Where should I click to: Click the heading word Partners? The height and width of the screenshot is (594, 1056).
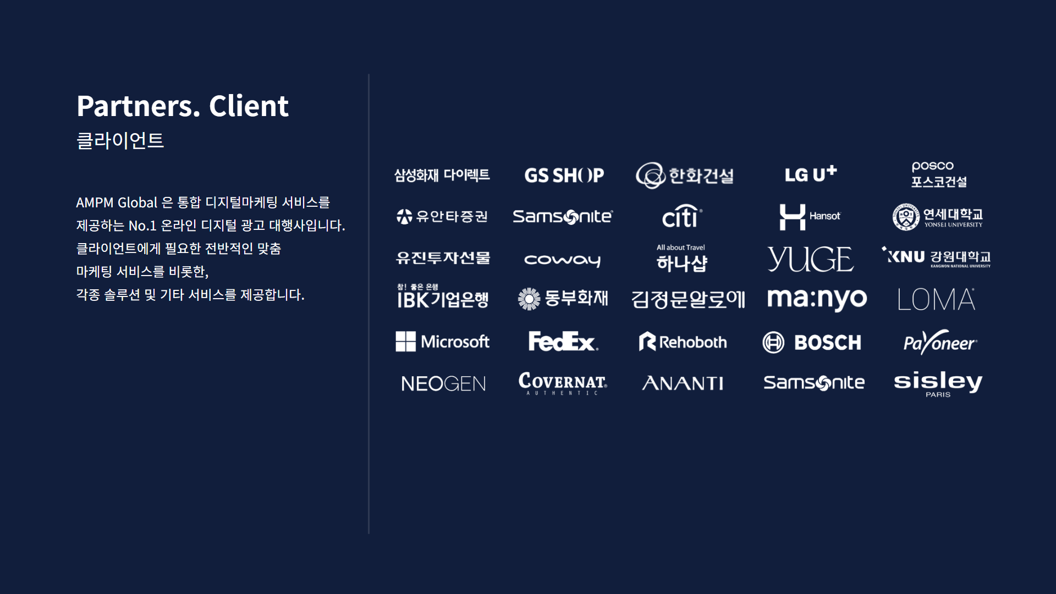point(138,106)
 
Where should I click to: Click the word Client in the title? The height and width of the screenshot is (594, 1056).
point(249,106)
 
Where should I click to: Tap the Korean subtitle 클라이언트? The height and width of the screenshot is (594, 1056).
point(120,141)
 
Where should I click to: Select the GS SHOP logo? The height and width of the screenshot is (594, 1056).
point(564,175)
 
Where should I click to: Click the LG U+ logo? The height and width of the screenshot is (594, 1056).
point(811,174)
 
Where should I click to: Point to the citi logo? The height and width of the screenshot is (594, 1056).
point(682,216)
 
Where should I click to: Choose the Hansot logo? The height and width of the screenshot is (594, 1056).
point(810,217)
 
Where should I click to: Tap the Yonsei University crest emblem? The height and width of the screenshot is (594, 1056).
point(906,217)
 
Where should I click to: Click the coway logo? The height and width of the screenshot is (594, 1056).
point(562,260)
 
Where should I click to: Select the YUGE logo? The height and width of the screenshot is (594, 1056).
point(810,259)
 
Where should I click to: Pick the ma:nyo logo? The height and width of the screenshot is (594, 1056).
point(817,299)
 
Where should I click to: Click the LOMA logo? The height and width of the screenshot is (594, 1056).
point(936,299)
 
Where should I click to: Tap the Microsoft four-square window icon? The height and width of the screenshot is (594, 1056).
point(406,342)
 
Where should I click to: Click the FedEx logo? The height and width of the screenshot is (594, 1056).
point(563,342)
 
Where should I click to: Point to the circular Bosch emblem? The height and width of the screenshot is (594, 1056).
point(773,342)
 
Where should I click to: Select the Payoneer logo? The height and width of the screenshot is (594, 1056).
point(940,342)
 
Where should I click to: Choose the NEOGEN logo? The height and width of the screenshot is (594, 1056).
point(443,383)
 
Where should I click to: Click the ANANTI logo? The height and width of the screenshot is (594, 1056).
point(683,383)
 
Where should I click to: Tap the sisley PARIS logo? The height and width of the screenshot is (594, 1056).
point(938,383)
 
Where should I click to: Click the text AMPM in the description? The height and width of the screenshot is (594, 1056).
point(95,203)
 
